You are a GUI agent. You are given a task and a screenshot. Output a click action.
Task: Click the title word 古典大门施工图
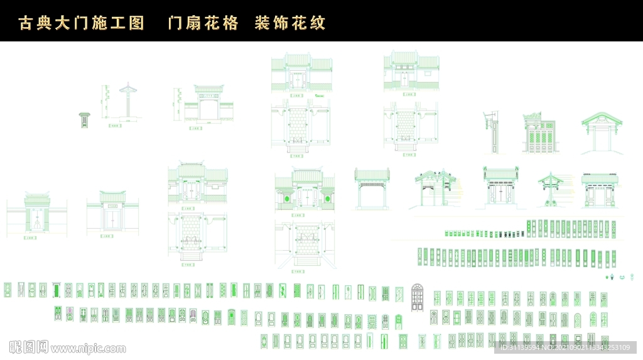[x=82, y=24]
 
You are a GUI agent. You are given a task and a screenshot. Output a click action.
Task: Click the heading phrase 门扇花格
[x=203, y=24]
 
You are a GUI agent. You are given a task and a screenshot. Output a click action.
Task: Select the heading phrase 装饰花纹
[x=290, y=24]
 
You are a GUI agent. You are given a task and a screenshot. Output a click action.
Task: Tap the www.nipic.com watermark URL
[x=88, y=348]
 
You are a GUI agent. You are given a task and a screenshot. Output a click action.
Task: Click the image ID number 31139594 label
[x=521, y=347]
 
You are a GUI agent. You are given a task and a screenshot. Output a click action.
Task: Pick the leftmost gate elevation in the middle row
[x=37, y=214]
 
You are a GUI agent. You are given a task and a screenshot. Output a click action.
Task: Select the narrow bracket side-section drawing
[x=494, y=132]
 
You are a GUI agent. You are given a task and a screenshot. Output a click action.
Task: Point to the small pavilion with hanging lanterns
[x=551, y=188]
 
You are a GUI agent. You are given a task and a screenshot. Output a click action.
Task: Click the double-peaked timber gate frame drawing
[x=435, y=187]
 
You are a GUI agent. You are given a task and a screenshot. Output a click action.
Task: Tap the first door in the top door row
[x=8, y=290]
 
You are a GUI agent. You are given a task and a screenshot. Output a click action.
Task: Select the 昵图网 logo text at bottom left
[x=29, y=347]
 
